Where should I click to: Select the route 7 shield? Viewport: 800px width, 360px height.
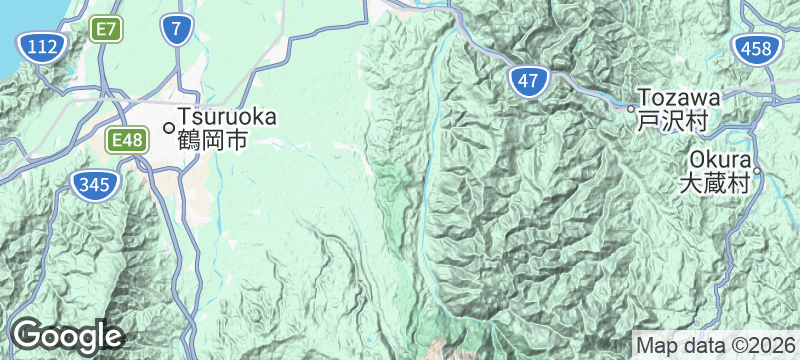[177, 31]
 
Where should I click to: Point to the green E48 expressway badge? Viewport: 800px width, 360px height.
[127, 141]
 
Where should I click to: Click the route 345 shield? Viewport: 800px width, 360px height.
[96, 183]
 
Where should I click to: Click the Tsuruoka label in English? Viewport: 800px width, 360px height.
[227, 117]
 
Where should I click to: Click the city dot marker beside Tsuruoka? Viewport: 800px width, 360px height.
[168, 127]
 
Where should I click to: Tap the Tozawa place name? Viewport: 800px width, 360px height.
[679, 98]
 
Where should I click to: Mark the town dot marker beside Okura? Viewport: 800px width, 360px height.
[757, 171]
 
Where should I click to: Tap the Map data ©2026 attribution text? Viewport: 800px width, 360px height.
[714, 345]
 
